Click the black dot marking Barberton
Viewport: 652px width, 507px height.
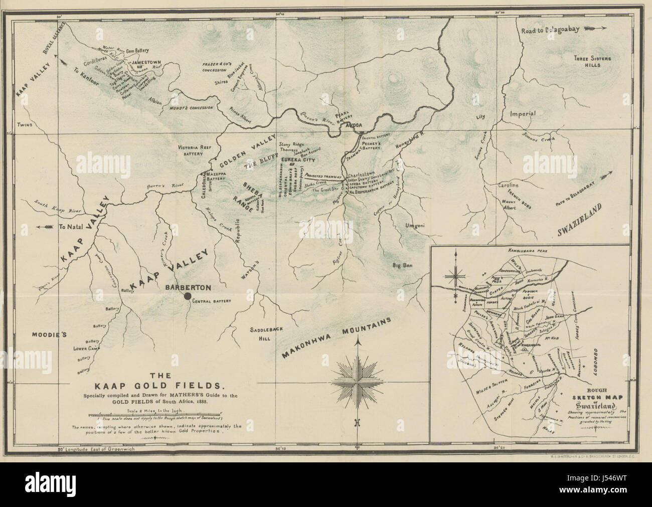(x=187, y=297)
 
